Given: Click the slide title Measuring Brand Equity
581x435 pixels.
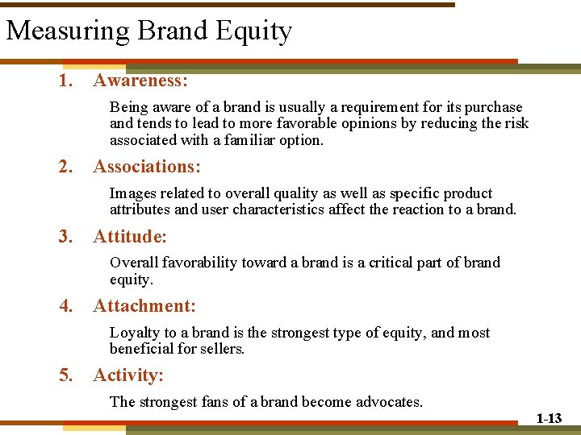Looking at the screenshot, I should [x=148, y=31].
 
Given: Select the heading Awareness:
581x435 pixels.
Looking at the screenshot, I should [x=140, y=81].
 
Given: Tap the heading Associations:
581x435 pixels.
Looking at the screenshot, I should [x=147, y=167].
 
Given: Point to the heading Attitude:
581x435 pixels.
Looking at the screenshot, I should [x=130, y=237].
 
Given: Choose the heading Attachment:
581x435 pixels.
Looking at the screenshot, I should [x=144, y=306].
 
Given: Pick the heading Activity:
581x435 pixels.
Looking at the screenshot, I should [x=128, y=375].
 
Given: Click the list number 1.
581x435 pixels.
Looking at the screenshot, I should [x=65, y=81].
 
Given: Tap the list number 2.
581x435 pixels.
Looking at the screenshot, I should [x=65, y=167].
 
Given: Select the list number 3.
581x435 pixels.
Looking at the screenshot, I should [x=65, y=237].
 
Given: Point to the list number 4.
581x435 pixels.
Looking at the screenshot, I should [x=65, y=306].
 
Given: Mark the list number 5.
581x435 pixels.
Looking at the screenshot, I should [x=65, y=375].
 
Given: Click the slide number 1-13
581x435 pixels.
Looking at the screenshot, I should [x=549, y=419].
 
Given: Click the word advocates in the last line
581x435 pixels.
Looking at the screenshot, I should [x=389, y=402].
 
